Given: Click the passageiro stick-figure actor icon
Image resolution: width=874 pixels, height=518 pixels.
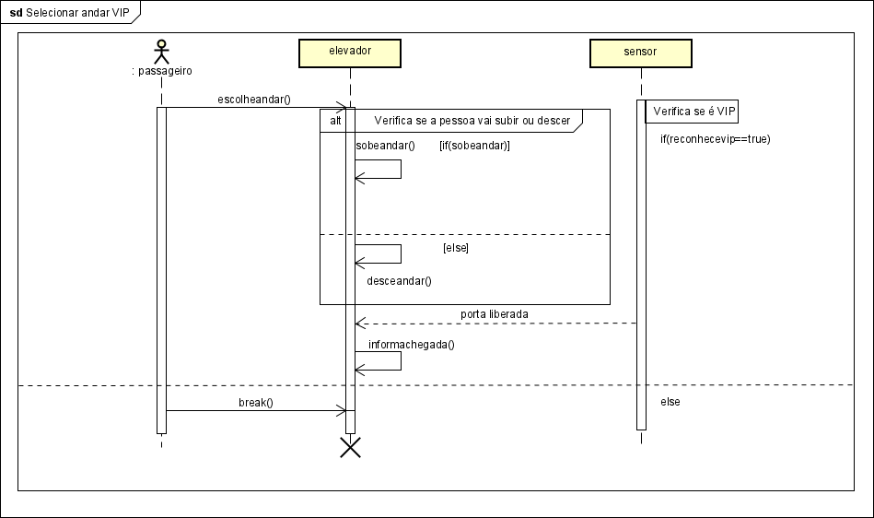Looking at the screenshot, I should (162, 51).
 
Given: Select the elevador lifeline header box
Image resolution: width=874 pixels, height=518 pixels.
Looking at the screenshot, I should (349, 52).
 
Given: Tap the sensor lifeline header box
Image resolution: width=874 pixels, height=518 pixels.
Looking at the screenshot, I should (640, 52).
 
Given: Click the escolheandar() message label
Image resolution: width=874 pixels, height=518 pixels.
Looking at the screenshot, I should (253, 99).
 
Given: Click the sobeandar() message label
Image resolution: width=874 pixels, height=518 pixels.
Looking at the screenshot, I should (385, 146).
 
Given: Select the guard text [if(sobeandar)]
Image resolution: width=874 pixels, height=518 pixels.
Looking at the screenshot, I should (474, 146).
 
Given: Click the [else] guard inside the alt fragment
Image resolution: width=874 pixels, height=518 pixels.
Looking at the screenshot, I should (456, 249).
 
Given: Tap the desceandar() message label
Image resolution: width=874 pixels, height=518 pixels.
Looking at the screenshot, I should (399, 281).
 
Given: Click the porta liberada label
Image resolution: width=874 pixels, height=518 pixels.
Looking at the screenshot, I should (495, 314).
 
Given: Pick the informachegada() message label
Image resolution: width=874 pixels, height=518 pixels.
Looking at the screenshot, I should (412, 345).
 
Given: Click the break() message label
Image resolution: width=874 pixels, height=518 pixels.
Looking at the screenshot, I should (256, 403).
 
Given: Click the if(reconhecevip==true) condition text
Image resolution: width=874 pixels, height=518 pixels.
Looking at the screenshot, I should (715, 139).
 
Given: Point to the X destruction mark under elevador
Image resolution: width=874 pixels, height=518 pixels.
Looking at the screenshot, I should (350, 447).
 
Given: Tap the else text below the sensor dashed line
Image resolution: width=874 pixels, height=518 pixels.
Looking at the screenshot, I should (670, 403).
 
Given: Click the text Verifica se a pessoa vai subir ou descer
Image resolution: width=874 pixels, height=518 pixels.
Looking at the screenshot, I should (472, 121).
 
